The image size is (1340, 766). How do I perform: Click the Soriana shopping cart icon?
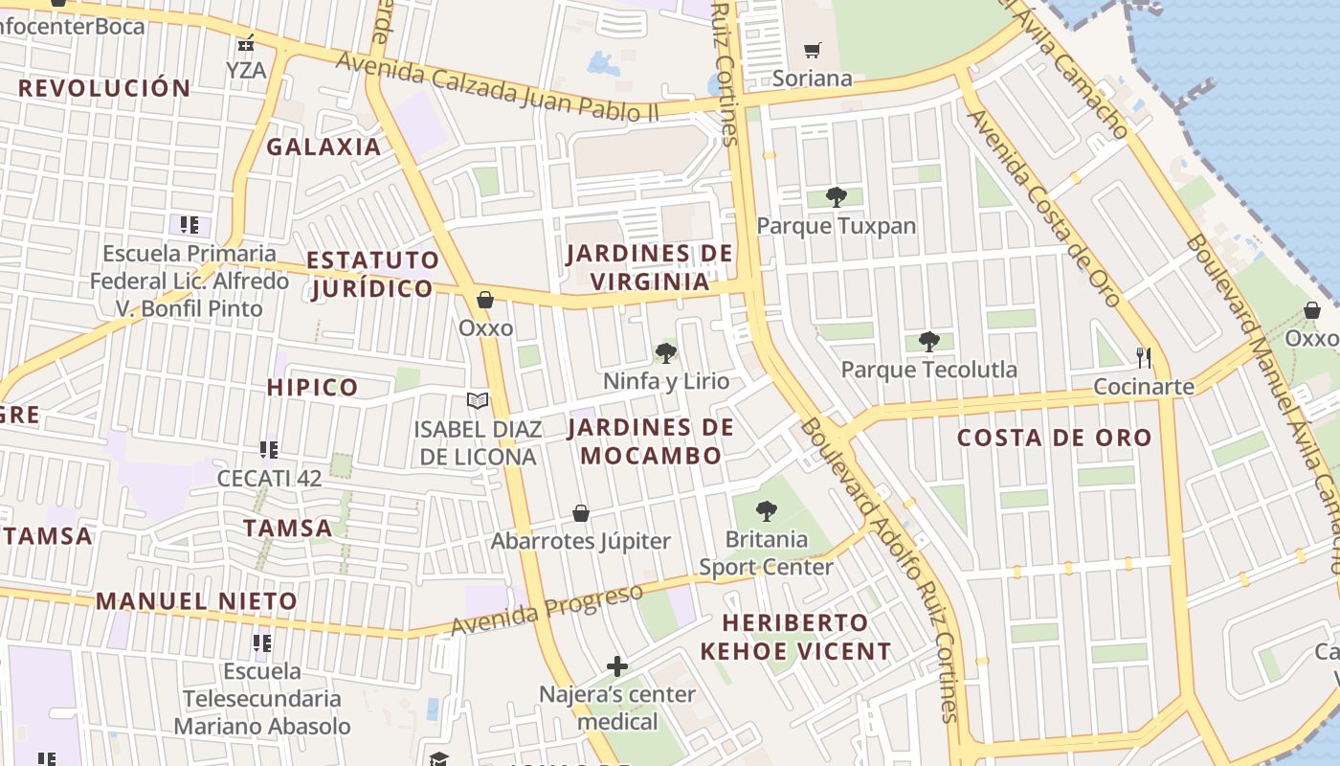(x=812, y=50)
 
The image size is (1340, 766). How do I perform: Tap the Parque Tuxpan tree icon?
(x=836, y=197)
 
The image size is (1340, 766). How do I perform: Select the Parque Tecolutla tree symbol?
(x=928, y=341)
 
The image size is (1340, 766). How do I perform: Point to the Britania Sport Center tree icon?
(x=766, y=511)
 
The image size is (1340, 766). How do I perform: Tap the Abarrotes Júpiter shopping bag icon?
(x=580, y=514)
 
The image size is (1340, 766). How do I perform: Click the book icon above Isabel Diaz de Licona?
(x=477, y=401)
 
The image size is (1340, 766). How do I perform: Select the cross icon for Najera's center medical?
(x=617, y=665)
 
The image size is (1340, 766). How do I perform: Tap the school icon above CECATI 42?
(x=269, y=449)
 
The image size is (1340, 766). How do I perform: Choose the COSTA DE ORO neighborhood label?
(x=1055, y=438)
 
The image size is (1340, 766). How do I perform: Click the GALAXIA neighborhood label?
(x=324, y=146)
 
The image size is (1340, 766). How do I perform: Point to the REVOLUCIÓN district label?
(x=104, y=88)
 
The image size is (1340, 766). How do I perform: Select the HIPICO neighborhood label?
(x=312, y=388)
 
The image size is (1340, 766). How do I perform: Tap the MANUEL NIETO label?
(x=196, y=601)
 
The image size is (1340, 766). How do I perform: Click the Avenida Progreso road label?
(x=547, y=609)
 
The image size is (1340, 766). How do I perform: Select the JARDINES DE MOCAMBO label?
(x=651, y=441)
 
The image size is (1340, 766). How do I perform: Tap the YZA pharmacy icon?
(x=246, y=43)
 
